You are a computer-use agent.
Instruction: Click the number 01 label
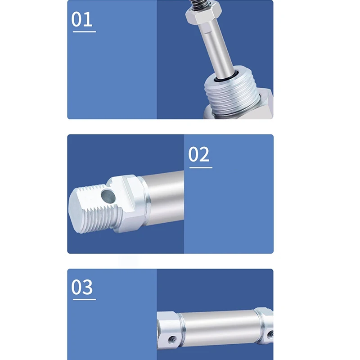(82, 19)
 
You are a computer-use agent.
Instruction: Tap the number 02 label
(199, 154)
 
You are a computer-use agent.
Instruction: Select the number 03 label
(82, 287)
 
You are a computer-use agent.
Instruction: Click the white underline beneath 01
(84, 31)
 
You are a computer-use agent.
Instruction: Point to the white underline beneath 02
(201, 167)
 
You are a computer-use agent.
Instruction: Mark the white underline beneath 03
(84, 299)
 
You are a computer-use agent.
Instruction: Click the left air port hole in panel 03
(172, 339)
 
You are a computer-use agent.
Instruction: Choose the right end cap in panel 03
(265, 326)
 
